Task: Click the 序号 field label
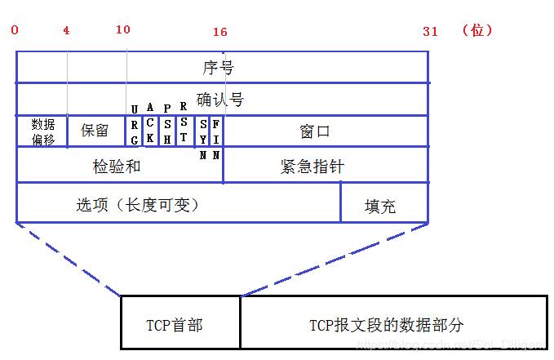coord(218,66)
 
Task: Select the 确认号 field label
coord(219,99)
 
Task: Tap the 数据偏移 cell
coord(42,131)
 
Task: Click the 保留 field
coord(95,131)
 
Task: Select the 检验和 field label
coord(117,166)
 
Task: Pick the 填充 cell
coord(380,206)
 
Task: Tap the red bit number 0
coord(15,30)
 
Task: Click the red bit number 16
coord(219,32)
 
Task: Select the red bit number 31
coord(430,31)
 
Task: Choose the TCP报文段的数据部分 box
coord(386,325)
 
